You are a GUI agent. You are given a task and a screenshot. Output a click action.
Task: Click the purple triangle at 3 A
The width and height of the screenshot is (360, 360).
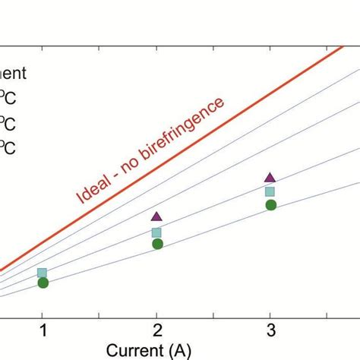click(270, 177)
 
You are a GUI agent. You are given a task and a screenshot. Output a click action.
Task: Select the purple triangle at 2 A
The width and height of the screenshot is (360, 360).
click(156, 217)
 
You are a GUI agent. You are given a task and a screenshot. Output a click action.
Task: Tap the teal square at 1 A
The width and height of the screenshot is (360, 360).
click(43, 273)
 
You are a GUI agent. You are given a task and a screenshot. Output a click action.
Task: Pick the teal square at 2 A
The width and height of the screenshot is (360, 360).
click(156, 232)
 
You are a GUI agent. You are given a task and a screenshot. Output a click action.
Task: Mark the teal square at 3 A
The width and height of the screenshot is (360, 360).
click(270, 191)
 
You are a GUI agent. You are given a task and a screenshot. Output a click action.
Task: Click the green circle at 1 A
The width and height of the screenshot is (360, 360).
click(43, 283)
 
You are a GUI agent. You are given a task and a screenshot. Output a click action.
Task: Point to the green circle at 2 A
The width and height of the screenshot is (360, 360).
click(157, 244)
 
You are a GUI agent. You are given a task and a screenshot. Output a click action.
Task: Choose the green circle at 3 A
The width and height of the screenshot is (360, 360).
click(270, 204)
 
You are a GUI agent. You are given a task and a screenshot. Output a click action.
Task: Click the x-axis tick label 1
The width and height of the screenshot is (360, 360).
click(43, 331)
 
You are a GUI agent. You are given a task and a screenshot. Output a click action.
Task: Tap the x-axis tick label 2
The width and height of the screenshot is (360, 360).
click(156, 331)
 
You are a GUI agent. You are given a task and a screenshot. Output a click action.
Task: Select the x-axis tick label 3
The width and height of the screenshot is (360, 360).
click(270, 331)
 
